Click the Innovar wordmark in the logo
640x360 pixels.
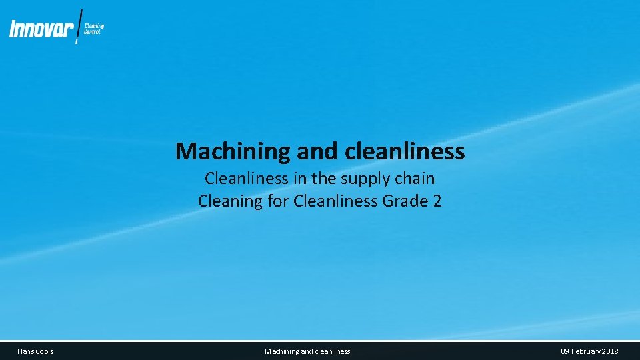click(41, 29)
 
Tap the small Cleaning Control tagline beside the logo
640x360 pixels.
click(94, 29)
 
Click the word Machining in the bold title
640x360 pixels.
click(233, 152)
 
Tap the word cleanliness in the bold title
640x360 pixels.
click(405, 152)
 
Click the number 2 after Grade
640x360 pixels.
click(437, 201)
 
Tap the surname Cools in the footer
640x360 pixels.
click(45, 351)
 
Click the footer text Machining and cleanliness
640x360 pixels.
click(307, 351)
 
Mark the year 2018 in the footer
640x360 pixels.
click(611, 351)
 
